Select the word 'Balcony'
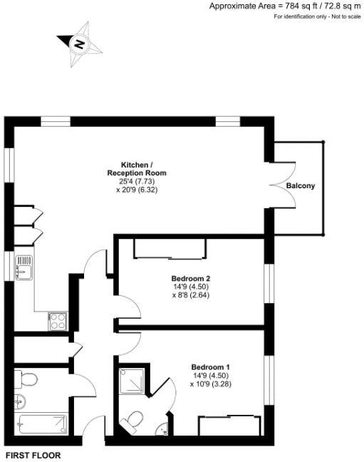(301, 186)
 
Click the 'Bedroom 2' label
(190, 278)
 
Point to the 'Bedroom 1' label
(210, 367)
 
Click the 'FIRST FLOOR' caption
(33, 455)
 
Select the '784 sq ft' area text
(298, 6)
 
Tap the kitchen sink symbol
(24, 268)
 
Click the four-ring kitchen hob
(57, 322)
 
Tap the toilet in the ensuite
(133, 421)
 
